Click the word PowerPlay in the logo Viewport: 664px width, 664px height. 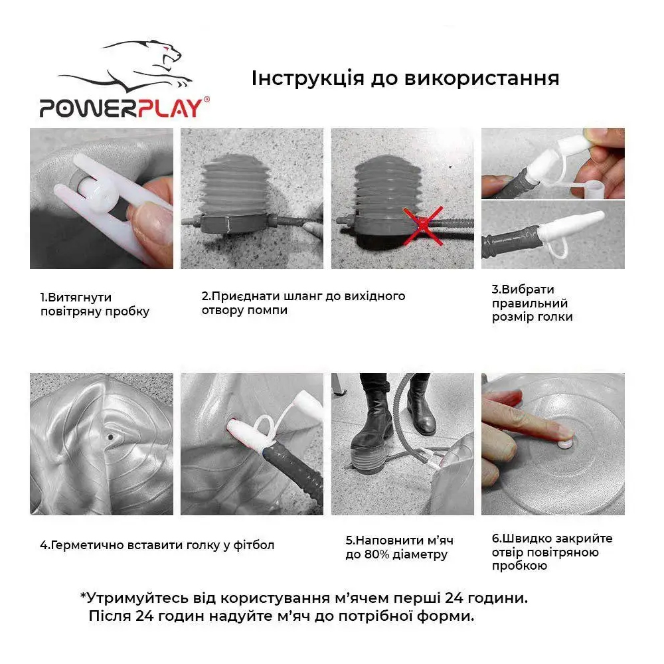[x=122, y=108]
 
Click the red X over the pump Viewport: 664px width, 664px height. [x=423, y=226]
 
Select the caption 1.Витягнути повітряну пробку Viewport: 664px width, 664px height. [x=95, y=304]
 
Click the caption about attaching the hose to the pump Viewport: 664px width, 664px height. [x=303, y=303]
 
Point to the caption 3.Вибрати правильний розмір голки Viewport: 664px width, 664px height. [x=533, y=303]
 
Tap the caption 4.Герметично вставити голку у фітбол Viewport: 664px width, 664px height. [x=157, y=544]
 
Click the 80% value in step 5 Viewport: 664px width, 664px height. [x=374, y=554]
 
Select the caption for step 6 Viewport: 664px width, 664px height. [x=552, y=552]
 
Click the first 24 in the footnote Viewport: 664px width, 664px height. [x=454, y=598]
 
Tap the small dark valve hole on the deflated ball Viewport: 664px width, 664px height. [x=110, y=437]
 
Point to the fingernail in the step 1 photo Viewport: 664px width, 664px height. [x=151, y=222]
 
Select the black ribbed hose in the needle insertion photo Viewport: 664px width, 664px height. [x=296, y=470]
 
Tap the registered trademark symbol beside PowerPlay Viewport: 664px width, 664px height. [x=207, y=100]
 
